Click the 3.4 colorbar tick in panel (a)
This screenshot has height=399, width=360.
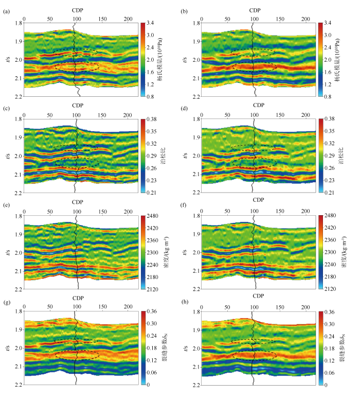click(150, 23)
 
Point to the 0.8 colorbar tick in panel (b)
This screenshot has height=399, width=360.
click(328, 97)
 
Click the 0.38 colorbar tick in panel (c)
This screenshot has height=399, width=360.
click(151, 119)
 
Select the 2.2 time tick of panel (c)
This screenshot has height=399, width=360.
click(17, 193)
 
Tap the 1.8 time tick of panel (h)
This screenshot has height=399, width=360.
click(195, 311)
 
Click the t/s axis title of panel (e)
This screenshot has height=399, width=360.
click(7, 252)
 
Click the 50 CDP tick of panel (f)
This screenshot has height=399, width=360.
click(227, 211)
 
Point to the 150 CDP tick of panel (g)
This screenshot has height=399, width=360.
click(102, 307)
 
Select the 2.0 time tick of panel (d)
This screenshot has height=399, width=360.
click(195, 156)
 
